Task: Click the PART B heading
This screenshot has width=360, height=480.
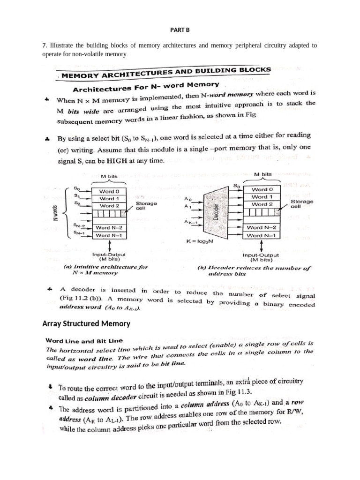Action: (180, 30)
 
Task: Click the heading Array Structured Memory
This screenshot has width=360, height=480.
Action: (86, 323)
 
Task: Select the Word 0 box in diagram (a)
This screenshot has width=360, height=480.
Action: (112, 191)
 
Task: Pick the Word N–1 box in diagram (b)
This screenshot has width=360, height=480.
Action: (261, 235)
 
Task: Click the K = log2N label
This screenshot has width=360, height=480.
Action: (200, 241)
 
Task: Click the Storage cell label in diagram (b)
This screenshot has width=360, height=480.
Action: (302, 203)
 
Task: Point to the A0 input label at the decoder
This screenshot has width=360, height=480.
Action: (188, 198)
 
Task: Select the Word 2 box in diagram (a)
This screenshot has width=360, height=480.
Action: (112, 206)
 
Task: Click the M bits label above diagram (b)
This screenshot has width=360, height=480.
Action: (262, 174)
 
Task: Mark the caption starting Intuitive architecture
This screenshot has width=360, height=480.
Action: (105, 270)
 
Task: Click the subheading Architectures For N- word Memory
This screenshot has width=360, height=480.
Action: (146, 87)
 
